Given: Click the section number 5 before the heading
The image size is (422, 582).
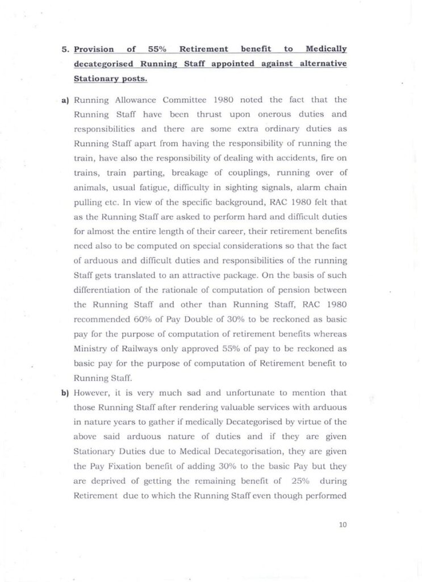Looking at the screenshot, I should point(65,50).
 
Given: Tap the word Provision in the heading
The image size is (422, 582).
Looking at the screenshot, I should point(94,50).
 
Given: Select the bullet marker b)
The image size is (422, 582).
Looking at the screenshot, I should point(65,393).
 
